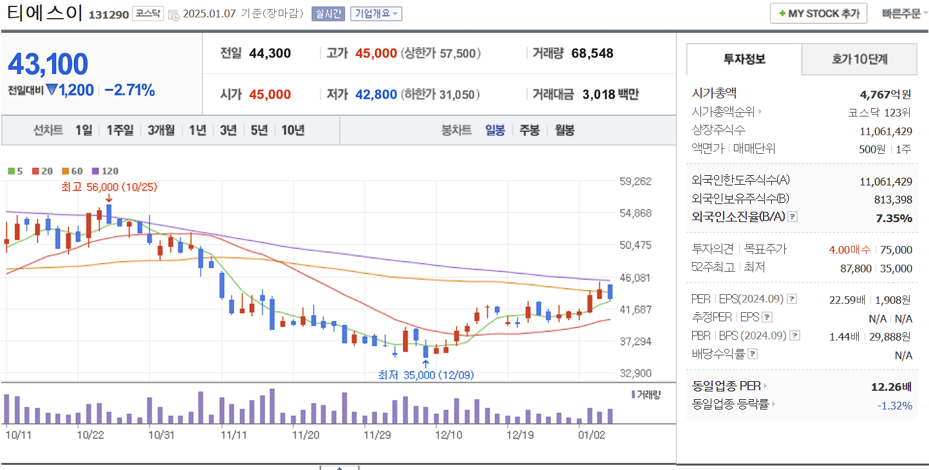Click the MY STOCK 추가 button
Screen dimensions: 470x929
point(818,14)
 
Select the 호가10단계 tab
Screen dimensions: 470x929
point(859,60)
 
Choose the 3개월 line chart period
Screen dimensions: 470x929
point(161,131)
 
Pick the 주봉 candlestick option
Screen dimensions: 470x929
point(529,131)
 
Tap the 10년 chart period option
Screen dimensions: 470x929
point(293,131)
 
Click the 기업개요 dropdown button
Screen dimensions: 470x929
point(376,14)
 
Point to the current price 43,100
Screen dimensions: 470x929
point(48,64)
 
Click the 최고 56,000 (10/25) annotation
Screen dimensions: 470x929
point(109,187)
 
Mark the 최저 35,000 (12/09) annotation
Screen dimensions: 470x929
point(426,375)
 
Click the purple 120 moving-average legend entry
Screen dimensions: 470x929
point(106,171)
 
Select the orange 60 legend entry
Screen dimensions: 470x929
point(73,171)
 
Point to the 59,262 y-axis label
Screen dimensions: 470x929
point(635,182)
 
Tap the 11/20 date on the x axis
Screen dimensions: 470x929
point(306,435)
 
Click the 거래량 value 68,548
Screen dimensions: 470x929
point(592,53)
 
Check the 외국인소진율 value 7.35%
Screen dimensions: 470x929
point(894,218)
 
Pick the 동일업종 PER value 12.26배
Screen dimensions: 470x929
point(891,387)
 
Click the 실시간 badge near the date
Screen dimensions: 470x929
point(328,14)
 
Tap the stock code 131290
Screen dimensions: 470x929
point(109,14)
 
